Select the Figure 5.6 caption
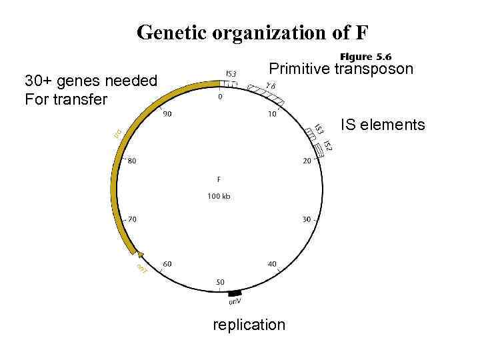point(365,57)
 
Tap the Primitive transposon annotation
point(340,69)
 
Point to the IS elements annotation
point(383,124)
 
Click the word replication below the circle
point(249,325)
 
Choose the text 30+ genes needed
point(91,81)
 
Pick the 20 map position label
point(307,161)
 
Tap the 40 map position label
point(272,265)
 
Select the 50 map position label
point(220,283)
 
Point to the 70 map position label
point(133,219)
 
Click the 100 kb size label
point(219,196)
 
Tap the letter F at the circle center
point(219,179)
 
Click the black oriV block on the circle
point(234,293)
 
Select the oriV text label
point(236,302)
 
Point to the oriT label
point(142,269)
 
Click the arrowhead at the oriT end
point(140,254)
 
